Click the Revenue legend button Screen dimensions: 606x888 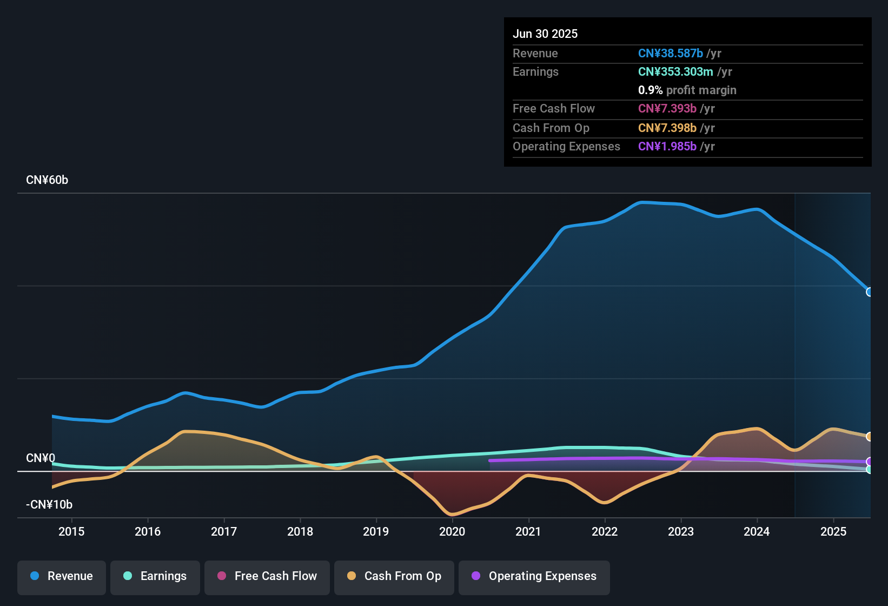tap(62, 576)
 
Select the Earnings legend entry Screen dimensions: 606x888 tap(155, 576)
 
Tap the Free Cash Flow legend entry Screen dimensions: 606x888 tap(267, 576)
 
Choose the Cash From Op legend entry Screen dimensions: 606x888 tap(394, 576)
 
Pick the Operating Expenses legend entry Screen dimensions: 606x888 tap(534, 576)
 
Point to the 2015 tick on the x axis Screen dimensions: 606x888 tap(71, 531)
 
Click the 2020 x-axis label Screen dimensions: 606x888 tap(452, 531)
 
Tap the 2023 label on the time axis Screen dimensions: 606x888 tap(681, 531)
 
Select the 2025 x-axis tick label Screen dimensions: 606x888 tap(833, 531)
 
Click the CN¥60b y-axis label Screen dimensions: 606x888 tap(47, 180)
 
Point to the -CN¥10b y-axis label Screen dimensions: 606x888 tap(49, 505)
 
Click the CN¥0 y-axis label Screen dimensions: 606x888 tap(41, 458)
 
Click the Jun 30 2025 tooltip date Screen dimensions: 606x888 tap(545, 34)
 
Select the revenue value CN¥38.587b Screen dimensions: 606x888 tap(671, 53)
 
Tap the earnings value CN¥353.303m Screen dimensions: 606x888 tap(675, 71)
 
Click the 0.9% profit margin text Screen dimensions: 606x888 tap(687, 90)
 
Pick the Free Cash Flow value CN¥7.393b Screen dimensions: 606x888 tap(667, 108)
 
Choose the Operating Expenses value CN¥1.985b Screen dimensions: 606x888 tap(667, 146)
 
